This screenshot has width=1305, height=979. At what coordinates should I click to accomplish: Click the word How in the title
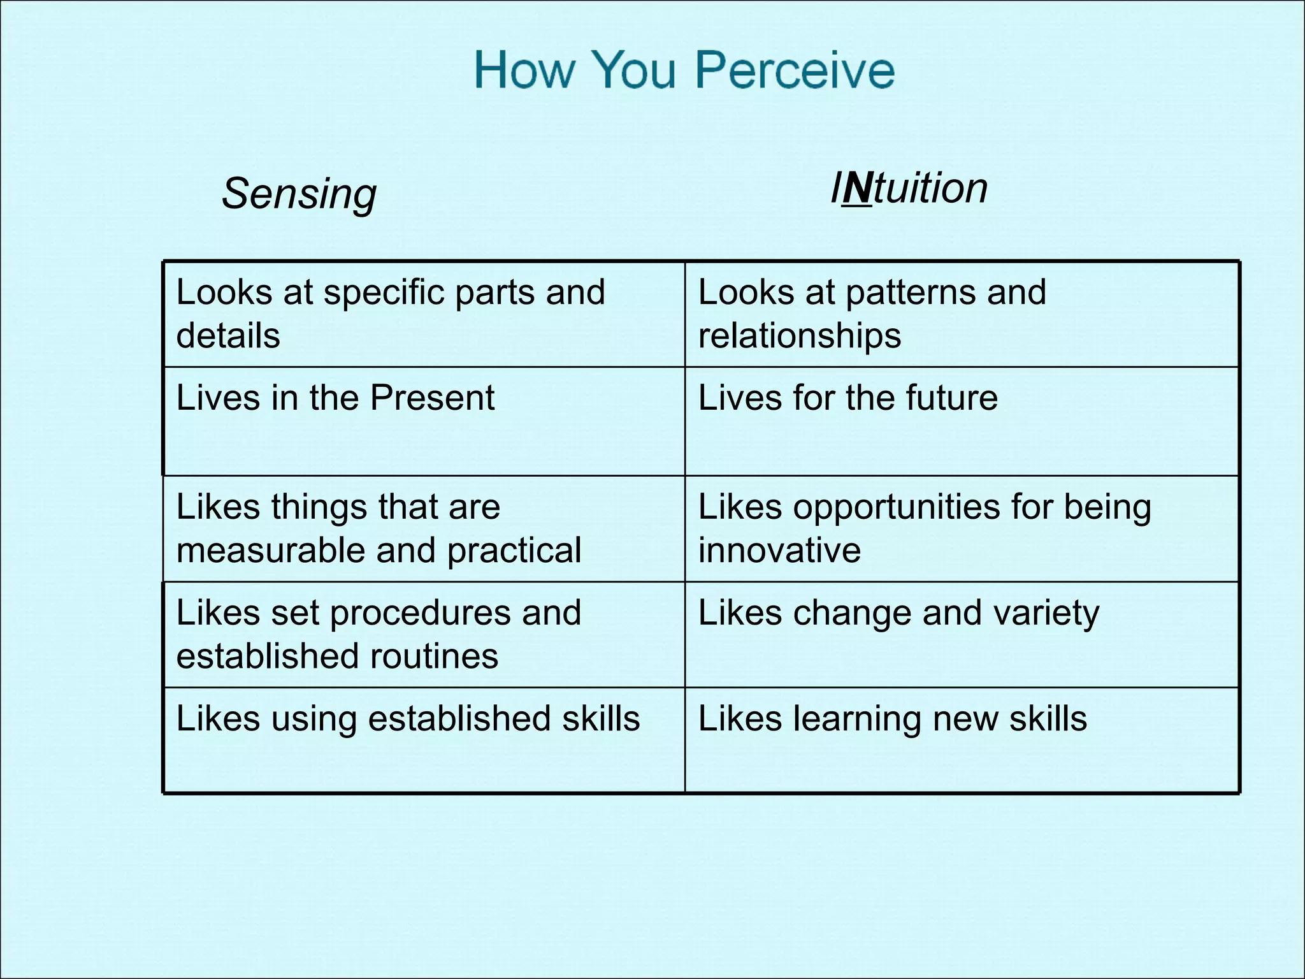click(x=524, y=69)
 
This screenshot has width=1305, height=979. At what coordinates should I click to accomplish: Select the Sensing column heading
click(x=299, y=193)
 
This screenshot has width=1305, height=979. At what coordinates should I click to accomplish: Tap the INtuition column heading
click(x=909, y=189)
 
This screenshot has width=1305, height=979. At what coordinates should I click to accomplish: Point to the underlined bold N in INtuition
click(x=857, y=189)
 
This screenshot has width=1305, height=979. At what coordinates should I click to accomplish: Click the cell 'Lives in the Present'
click(x=335, y=398)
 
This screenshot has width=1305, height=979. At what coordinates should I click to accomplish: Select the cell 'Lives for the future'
click(x=847, y=398)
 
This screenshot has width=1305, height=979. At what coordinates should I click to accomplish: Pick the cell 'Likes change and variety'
click(x=898, y=613)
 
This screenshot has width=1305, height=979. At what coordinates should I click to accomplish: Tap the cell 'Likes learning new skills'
click(x=892, y=719)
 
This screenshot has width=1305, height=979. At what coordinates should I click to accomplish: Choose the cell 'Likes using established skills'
click(x=408, y=719)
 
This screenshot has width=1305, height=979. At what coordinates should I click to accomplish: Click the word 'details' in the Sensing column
click(x=228, y=336)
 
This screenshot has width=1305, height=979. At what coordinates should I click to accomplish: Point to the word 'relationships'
click(x=800, y=336)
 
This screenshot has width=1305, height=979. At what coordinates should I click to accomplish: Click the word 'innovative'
click(x=779, y=550)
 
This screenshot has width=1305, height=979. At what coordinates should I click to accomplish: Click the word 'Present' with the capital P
click(x=432, y=398)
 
